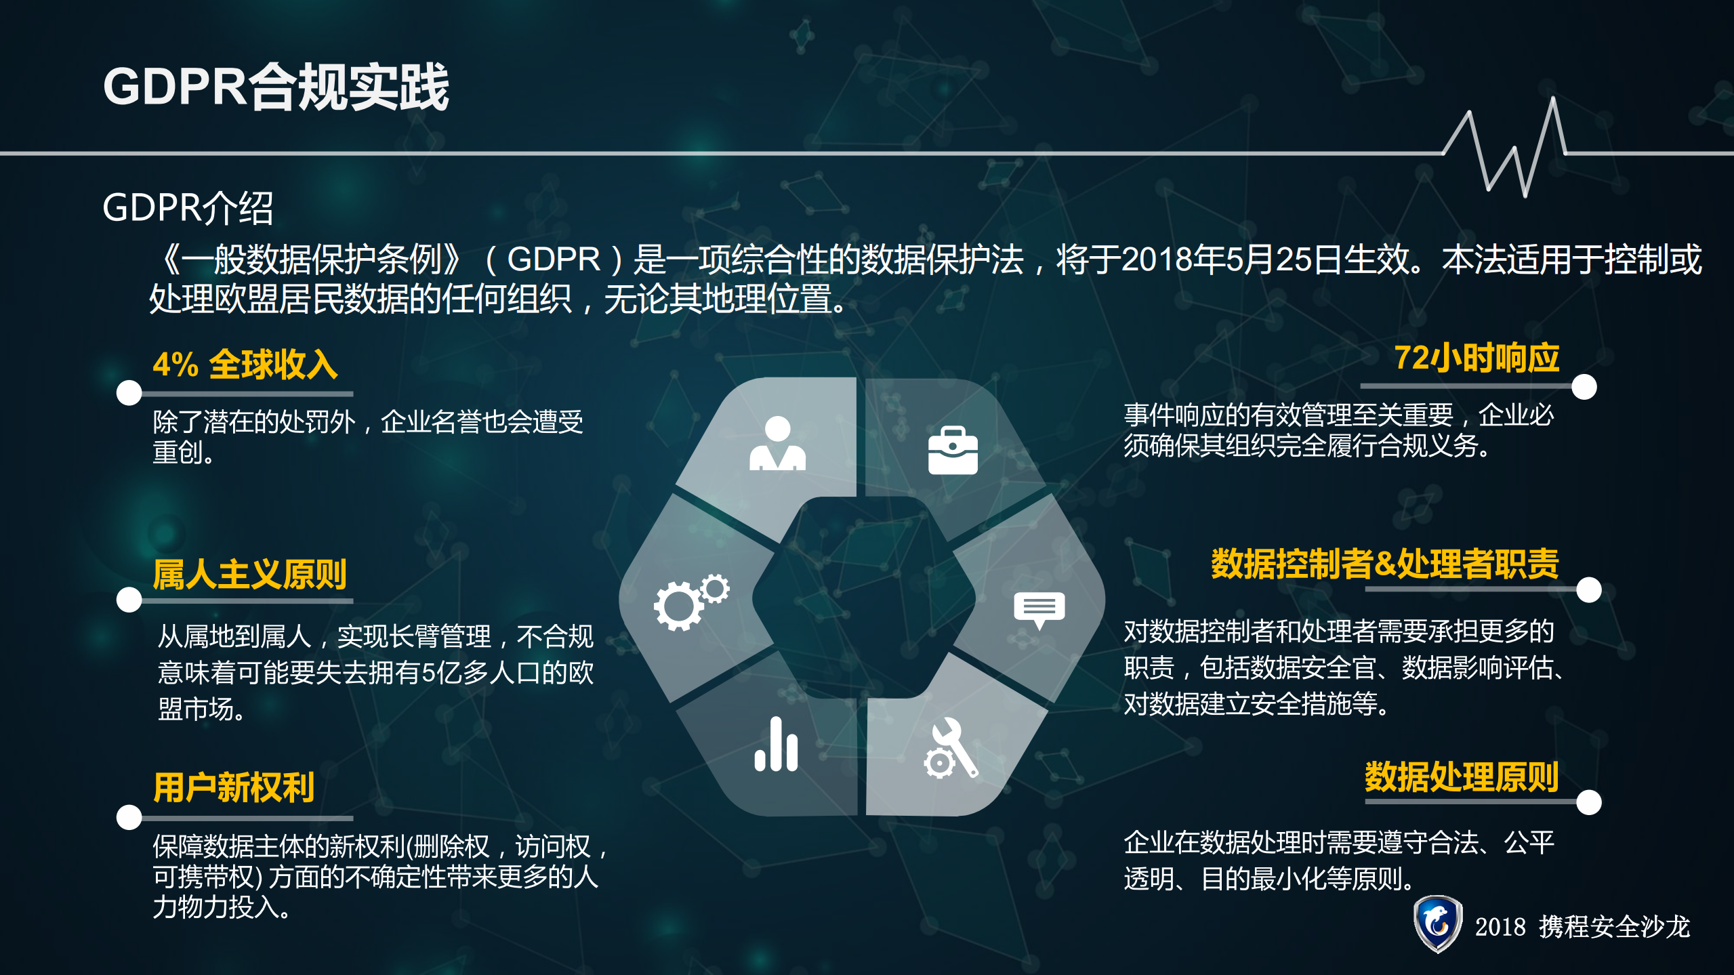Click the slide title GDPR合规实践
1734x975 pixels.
[x=276, y=87]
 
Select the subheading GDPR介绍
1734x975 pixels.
[x=188, y=207]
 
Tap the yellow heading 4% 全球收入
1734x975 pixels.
[x=245, y=364]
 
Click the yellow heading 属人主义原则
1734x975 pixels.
[x=249, y=574]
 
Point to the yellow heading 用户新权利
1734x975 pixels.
[x=234, y=787]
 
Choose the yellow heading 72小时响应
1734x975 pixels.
[x=1477, y=358]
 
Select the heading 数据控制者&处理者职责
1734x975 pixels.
[x=1384, y=564]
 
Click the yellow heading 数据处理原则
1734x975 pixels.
[x=1462, y=776]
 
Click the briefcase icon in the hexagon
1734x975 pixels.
[x=953, y=450]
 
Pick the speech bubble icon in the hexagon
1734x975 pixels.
[x=1039, y=609]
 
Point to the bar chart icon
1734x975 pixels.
[x=777, y=745]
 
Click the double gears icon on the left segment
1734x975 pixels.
[x=690, y=601]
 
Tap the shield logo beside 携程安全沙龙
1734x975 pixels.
[x=1437, y=924]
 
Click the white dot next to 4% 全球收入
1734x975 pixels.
[x=129, y=392]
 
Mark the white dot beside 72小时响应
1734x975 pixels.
[x=1584, y=387]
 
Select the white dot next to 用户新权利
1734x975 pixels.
[x=129, y=817]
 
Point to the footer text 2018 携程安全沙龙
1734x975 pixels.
[x=1582, y=926]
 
